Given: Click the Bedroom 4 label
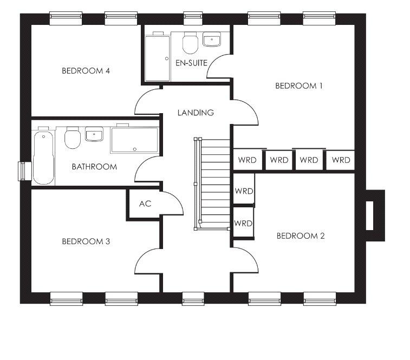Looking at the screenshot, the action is coord(86,70).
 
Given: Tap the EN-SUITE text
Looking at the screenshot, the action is coord(191,63).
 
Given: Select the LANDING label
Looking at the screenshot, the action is coord(196,113).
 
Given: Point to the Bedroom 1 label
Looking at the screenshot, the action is coord(299,86).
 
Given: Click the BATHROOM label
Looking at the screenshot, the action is coord(94,167).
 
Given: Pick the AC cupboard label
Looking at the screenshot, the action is coord(145,204).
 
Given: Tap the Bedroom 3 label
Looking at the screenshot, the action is coord(86,241).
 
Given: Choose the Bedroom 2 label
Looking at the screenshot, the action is coord(301,236).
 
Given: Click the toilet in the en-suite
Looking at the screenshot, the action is coord(190,43).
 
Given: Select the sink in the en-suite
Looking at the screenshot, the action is coord(212,40).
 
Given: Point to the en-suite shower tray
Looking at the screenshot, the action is coord(158,58).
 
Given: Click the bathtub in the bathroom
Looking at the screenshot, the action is coord(44,158).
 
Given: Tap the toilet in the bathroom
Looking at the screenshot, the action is coord(73,138).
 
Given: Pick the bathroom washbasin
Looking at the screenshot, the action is coord(94,134).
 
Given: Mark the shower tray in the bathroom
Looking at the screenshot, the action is coord(135,140).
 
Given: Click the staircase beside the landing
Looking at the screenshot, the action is coord(212,184).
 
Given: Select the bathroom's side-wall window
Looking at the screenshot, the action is coord(22,171).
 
